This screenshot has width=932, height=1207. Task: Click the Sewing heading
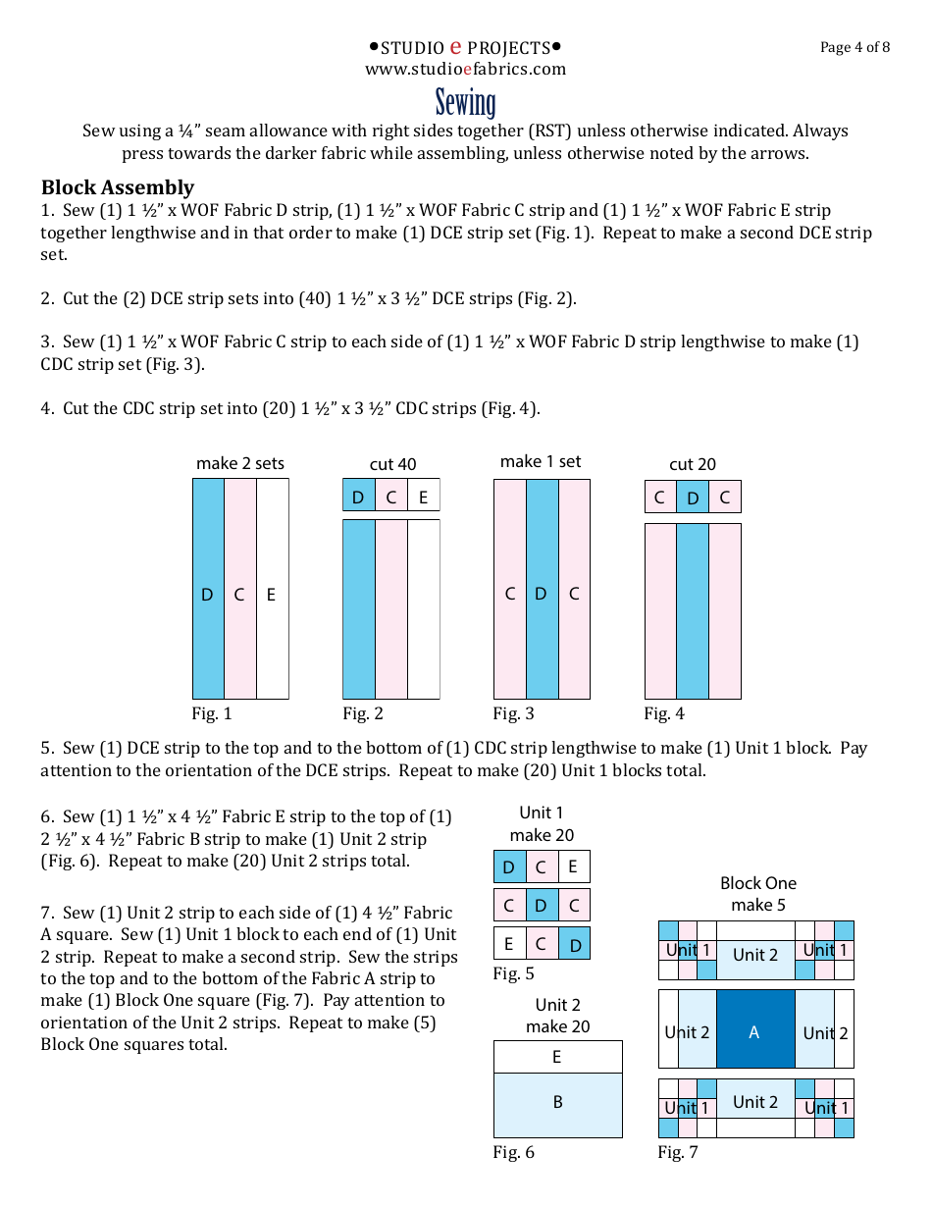(x=466, y=102)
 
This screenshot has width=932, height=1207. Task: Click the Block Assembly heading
(x=118, y=187)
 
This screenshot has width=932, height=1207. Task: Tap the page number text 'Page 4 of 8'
(x=854, y=47)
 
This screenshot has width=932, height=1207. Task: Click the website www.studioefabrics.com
(x=466, y=69)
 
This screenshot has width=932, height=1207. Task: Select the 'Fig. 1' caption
(x=212, y=713)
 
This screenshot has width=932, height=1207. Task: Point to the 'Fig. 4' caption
(x=664, y=713)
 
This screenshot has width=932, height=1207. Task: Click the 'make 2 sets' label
(x=240, y=463)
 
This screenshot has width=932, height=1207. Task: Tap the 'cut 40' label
(x=392, y=464)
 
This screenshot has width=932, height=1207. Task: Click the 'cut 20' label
(x=693, y=464)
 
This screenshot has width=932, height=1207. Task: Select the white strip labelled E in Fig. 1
(x=273, y=589)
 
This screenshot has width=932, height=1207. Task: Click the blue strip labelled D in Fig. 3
(x=542, y=589)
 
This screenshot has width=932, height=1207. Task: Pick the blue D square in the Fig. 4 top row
(x=693, y=498)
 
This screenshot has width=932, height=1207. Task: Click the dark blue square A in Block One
(x=755, y=1029)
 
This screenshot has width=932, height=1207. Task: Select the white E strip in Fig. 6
(x=557, y=1057)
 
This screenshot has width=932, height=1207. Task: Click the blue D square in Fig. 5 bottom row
(x=574, y=944)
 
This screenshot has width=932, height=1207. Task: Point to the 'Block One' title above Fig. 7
(x=758, y=883)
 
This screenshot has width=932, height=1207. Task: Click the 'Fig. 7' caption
(x=678, y=1152)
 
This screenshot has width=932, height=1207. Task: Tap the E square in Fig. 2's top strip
(x=423, y=497)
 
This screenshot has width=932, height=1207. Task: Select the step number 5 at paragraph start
(x=46, y=748)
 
